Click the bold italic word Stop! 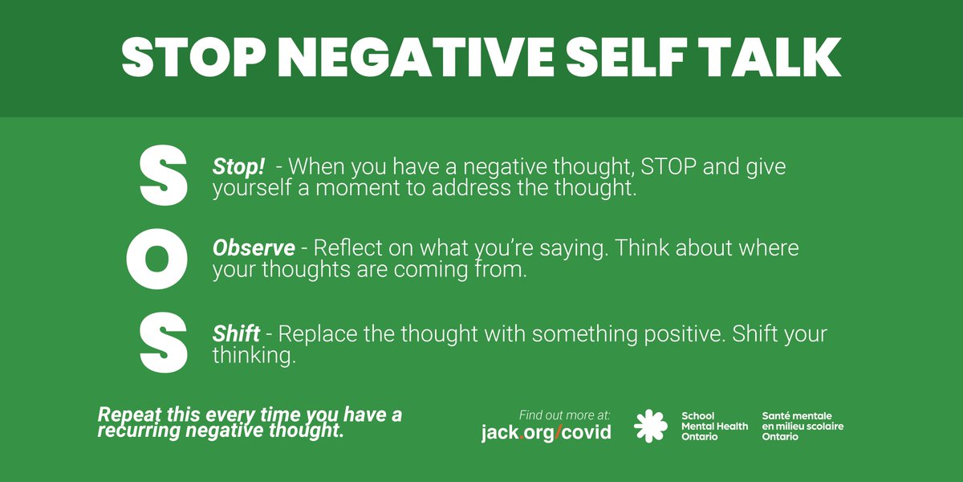coord(238,167)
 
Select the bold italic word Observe coord(254,248)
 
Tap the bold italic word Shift coord(236,333)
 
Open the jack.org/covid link coord(546,432)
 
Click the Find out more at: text coord(565,415)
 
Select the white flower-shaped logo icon coord(651,426)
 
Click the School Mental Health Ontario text coord(713,426)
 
